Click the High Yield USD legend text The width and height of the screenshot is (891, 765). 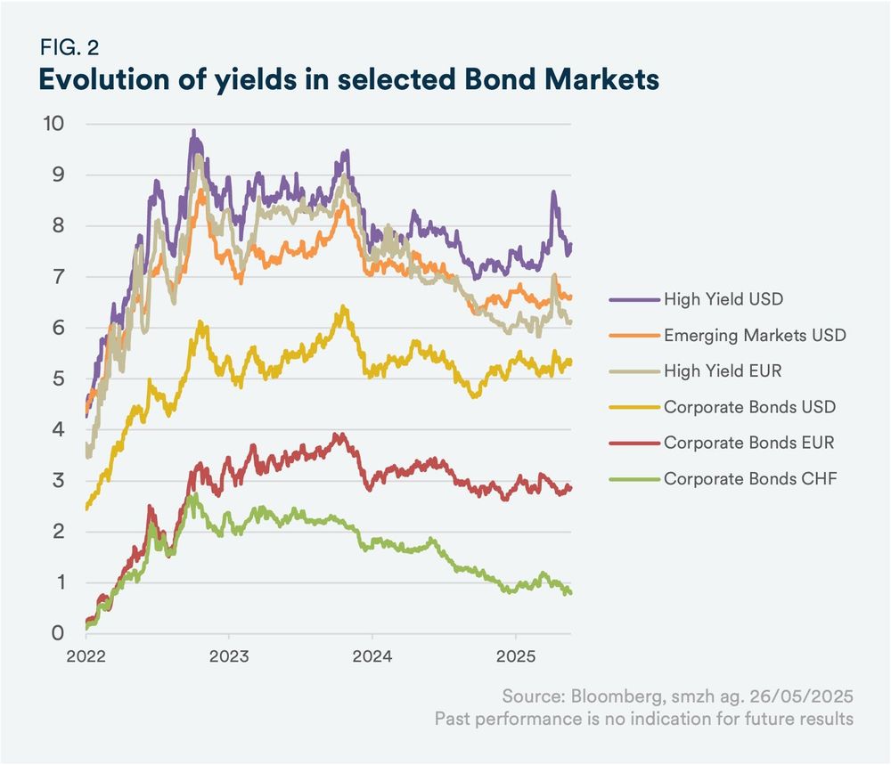pos(723,299)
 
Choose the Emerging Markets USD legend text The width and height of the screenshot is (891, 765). pos(755,336)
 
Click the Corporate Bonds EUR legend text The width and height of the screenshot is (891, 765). pos(748,444)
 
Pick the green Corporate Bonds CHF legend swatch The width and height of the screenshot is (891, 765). pos(634,480)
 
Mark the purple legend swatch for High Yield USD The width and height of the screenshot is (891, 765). pos(634,299)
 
